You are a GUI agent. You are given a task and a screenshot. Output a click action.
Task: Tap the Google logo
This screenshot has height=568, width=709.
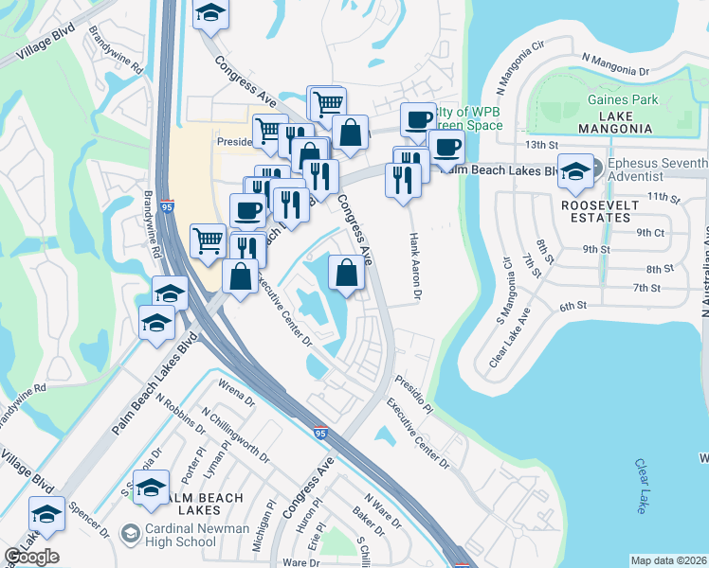[x=31, y=557]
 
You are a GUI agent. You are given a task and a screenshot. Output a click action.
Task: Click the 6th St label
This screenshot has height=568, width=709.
[x=575, y=306]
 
